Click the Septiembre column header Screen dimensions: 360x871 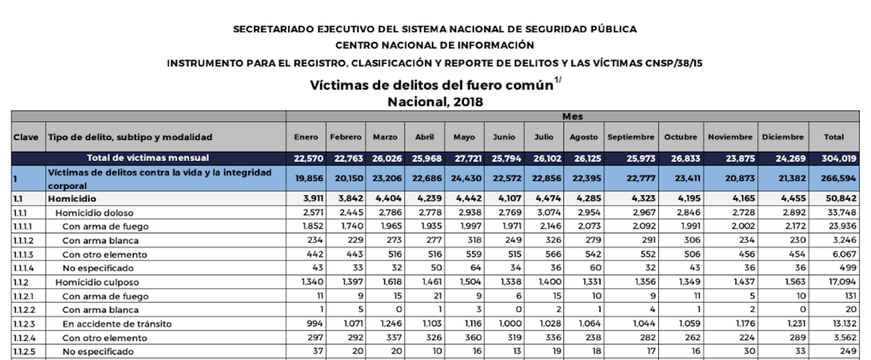(631, 137)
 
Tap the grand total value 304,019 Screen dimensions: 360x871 (834, 158)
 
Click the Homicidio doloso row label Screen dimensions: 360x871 (94, 213)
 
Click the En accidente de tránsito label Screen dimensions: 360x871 (117, 324)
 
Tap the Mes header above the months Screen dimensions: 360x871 (572, 117)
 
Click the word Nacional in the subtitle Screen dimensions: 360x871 (415, 102)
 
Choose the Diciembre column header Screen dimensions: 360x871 (783, 137)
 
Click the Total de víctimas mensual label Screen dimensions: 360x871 (148, 158)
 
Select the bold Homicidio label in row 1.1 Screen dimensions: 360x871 (72, 198)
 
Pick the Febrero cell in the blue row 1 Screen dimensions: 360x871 (345, 180)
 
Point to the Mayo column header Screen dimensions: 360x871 (464, 137)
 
